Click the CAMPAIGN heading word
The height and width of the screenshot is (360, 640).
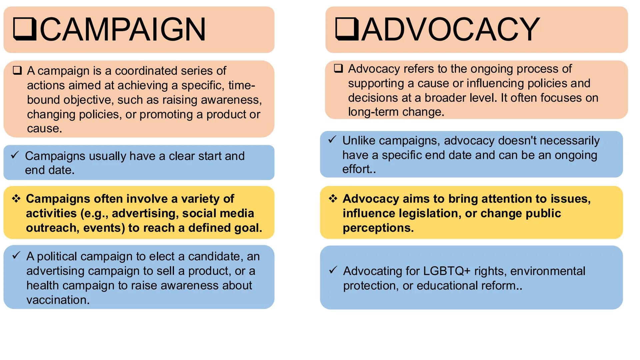pos(123,30)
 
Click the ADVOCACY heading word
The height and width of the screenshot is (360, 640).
pos(450,30)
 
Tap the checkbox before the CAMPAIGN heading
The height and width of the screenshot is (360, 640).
pos(24,29)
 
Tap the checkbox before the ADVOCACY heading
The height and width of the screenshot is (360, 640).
pos(347,29)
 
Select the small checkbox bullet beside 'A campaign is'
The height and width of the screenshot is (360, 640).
pos(17,70)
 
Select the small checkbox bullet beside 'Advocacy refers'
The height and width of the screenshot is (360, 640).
pos(338,68)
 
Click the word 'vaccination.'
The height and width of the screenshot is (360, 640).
pos(58,300)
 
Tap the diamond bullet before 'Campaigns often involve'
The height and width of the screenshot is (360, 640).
pos(16,199)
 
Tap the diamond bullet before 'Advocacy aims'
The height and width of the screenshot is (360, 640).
pos(333,199)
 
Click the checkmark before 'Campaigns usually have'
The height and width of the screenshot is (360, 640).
pos(15,155)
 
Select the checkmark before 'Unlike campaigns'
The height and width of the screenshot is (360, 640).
pos(332,140)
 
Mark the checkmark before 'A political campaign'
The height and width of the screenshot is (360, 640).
pos(16,256)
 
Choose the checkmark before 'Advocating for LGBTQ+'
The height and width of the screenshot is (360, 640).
pos(333,270)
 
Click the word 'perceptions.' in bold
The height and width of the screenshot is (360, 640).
pos(378,228)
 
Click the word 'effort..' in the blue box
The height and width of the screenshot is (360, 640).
pos(359,169)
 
